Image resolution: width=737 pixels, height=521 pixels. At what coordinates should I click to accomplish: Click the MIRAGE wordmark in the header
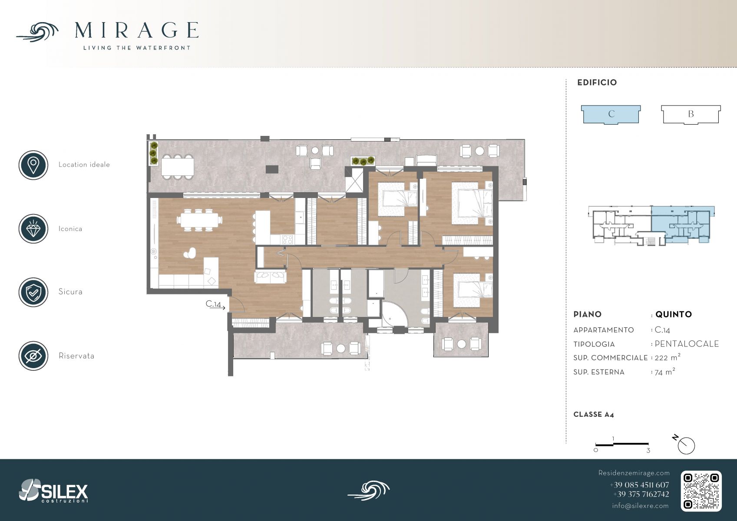[x=136, y=30]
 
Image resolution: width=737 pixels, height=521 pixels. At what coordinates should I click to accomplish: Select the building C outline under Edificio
[x=611, y=114]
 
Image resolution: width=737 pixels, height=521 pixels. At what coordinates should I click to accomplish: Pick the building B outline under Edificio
[x=691, y=114]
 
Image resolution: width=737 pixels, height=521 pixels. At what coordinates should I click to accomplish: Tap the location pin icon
[x=33, y=165]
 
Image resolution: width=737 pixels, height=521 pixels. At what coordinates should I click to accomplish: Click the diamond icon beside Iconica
[x=33, y=229]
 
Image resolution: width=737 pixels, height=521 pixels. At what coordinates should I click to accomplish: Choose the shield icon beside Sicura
[x=33, y=292]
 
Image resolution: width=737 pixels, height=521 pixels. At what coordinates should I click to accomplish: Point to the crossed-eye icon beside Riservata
[x=33, y=356]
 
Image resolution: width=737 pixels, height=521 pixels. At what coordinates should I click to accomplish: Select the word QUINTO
[x=674, y=314]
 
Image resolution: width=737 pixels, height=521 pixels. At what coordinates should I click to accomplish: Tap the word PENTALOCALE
[x=687, y=344]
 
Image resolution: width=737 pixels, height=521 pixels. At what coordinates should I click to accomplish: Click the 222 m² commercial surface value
[x=667, y=357]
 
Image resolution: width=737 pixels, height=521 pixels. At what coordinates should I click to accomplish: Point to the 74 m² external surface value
[x=664, y=372]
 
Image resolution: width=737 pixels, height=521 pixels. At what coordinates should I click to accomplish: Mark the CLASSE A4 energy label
[x=594, y=415]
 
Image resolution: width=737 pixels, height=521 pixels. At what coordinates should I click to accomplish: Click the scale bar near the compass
[x=622, y=444]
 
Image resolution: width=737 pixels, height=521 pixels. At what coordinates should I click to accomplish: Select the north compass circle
[x=686, y=446]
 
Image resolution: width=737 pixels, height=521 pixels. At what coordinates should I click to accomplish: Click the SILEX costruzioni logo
[x=53, y=491]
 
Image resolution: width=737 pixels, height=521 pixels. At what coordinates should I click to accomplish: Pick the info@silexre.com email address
[x=640, y=505]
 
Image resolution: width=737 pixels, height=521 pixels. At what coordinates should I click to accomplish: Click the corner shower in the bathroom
[x=394, y=314]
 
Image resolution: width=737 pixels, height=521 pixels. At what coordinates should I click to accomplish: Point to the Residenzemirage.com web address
[x=634, y=473]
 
